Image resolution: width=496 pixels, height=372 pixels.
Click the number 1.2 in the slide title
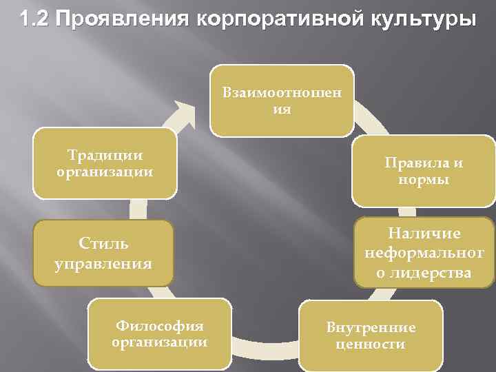(x=34, y=19)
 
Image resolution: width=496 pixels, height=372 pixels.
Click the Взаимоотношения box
(x=281, y=101)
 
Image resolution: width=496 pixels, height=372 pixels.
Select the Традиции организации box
(x=105, y=163)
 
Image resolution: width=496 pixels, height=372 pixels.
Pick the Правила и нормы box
(x=424, y=172)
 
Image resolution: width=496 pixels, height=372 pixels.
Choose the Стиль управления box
(x=104, y=253)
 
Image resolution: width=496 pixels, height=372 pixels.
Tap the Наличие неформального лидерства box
(x=424, y=253)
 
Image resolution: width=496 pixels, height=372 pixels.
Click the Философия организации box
(x=161, y=333)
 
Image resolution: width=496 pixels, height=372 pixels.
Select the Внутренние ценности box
(x=370, y=335)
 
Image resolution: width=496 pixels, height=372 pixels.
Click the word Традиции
(x=105, y=156)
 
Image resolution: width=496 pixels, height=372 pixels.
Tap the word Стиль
(x=104, y=243)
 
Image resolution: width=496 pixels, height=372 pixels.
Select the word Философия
(x=161, y=325)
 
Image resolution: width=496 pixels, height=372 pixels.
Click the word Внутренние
(x=371, y=327)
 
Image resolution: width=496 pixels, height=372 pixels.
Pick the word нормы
(x=424, y=180)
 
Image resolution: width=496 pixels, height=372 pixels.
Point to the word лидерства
(x=424, y=273)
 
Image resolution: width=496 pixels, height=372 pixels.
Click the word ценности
(x=371, y=344)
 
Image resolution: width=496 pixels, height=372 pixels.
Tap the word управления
(x=104, y=262)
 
